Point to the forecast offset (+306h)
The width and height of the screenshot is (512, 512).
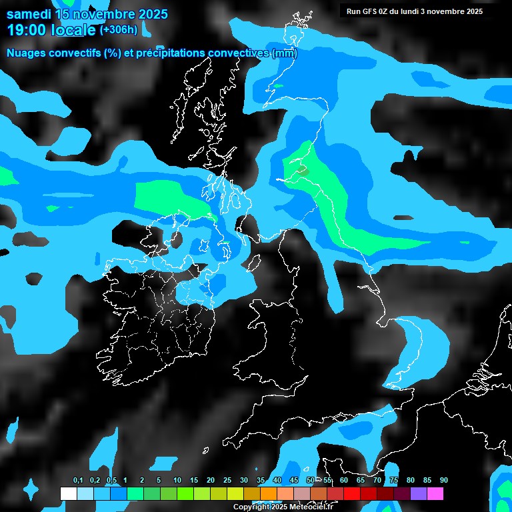pos(119,29)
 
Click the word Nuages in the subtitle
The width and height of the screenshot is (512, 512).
pos(26,53)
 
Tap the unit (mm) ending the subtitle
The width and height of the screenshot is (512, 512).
pos(284,53)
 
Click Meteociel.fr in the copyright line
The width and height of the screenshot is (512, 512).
pos(310,507)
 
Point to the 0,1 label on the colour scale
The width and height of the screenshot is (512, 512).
pos(78,481)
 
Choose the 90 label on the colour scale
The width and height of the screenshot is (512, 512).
pos(444,481)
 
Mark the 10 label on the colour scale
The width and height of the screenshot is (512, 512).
pos(177,481)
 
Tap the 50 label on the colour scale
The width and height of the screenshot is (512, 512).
pos(311,481)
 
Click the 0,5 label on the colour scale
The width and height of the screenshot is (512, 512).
pos(111,481)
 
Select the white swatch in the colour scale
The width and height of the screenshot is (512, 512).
pos(69,493)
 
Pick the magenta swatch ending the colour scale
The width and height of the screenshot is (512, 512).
pos(435,493)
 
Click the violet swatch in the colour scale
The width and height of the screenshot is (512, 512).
pos(419,493)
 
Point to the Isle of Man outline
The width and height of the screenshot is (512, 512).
pos(254,263)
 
